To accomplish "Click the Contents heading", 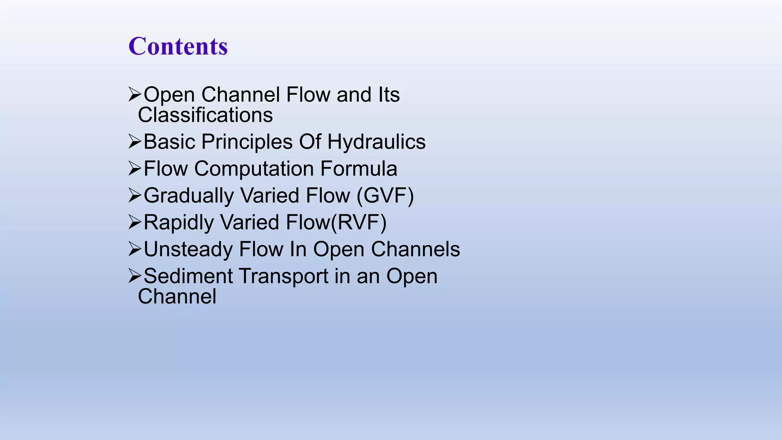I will coord(178,46).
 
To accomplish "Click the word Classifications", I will coord(205,115).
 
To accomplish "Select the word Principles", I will coord(247,142).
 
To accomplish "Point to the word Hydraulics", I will coord(376,142).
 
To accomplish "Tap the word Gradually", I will coord(189,196).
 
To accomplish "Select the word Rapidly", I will coord(179,223).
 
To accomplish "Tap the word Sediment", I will coord(188,276).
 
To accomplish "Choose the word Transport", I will coord(284,277).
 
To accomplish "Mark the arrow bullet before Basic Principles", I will coord(135,142).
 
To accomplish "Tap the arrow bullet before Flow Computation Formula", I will coord(135,168).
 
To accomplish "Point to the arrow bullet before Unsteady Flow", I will coord(135,249).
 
